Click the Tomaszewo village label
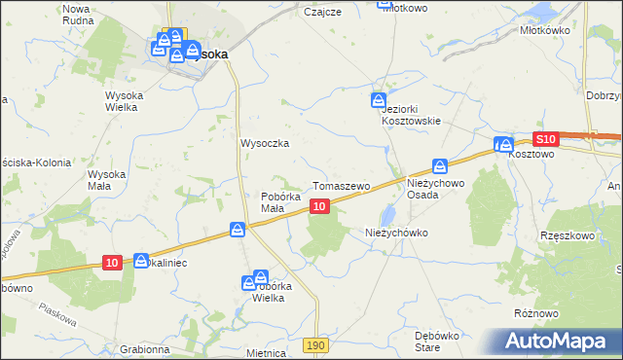(x=341, y=185)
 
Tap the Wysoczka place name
(x=266, y=143)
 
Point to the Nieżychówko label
(x=396, y=234)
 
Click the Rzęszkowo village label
(x=567, y=236)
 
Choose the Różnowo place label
(x=536, y=313)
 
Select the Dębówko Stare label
(x=435, y=340)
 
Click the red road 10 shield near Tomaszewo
(x=319, y=206)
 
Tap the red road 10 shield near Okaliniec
(x=113, y=263)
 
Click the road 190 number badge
(x=313, y=345)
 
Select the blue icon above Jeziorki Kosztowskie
(x=378, y=100)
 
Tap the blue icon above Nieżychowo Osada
(x=440, y=167)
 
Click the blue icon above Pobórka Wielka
(x=261, y=277)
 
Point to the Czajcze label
(x=321, y=12)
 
